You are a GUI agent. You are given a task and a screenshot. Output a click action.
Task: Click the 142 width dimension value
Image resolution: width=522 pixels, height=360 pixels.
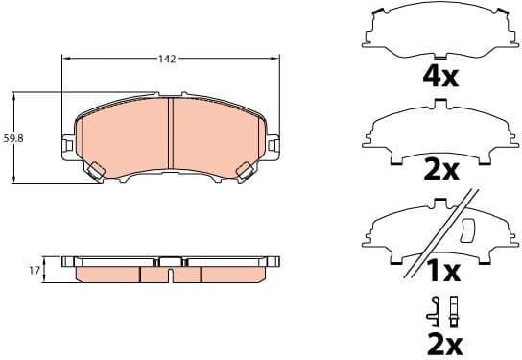(x=167, y=59)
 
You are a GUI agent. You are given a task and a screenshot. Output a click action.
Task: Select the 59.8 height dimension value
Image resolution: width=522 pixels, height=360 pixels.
(x=14, y=138)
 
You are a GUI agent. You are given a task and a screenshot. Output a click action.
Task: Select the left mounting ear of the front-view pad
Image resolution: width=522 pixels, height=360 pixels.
(x=67, y=145)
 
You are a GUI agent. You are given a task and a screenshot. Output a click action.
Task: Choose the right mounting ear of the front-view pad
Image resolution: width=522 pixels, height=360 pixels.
(x=273, y=145)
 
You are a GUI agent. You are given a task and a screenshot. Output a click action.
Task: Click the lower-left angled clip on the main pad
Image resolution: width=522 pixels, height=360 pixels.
(x=95, y=172)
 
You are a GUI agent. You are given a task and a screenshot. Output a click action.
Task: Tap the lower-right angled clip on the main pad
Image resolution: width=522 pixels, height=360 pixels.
(x=244, y=172)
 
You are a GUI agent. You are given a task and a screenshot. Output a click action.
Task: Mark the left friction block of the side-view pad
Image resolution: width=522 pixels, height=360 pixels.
(x=107, y=274)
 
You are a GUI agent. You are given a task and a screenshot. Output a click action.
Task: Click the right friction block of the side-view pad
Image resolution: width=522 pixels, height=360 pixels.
(x=230, y=274)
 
